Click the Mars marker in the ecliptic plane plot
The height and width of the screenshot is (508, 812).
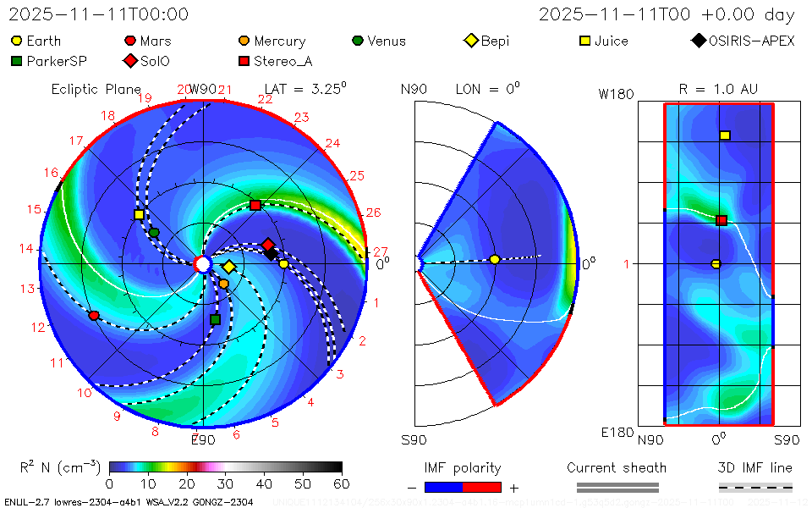coord(94,316)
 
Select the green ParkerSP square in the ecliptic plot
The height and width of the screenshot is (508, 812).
coord(215,319)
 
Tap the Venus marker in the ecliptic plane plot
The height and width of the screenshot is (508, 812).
coord(154,233)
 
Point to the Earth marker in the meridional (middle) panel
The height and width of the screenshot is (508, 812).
coord(495,259)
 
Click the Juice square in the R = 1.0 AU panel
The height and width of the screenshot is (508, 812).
coord(725,135)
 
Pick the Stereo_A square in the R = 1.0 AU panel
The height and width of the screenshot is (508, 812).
coord(721,221)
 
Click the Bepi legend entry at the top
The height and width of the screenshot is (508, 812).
coord(487,41)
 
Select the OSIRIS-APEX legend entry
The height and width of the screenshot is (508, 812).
coord(744,41)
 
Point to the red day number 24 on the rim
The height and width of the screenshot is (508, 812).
coord(332,144)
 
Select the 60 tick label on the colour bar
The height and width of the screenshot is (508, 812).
coord(342,483)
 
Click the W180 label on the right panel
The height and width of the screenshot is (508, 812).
coord(616,94)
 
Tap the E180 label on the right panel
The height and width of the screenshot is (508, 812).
coord(617,433)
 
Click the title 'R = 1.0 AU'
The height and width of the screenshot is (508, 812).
coord(718,89)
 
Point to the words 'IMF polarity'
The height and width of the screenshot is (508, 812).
coord(463,468)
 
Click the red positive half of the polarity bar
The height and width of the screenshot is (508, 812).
coord(482,488)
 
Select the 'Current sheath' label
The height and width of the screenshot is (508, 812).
coord(617,468)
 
